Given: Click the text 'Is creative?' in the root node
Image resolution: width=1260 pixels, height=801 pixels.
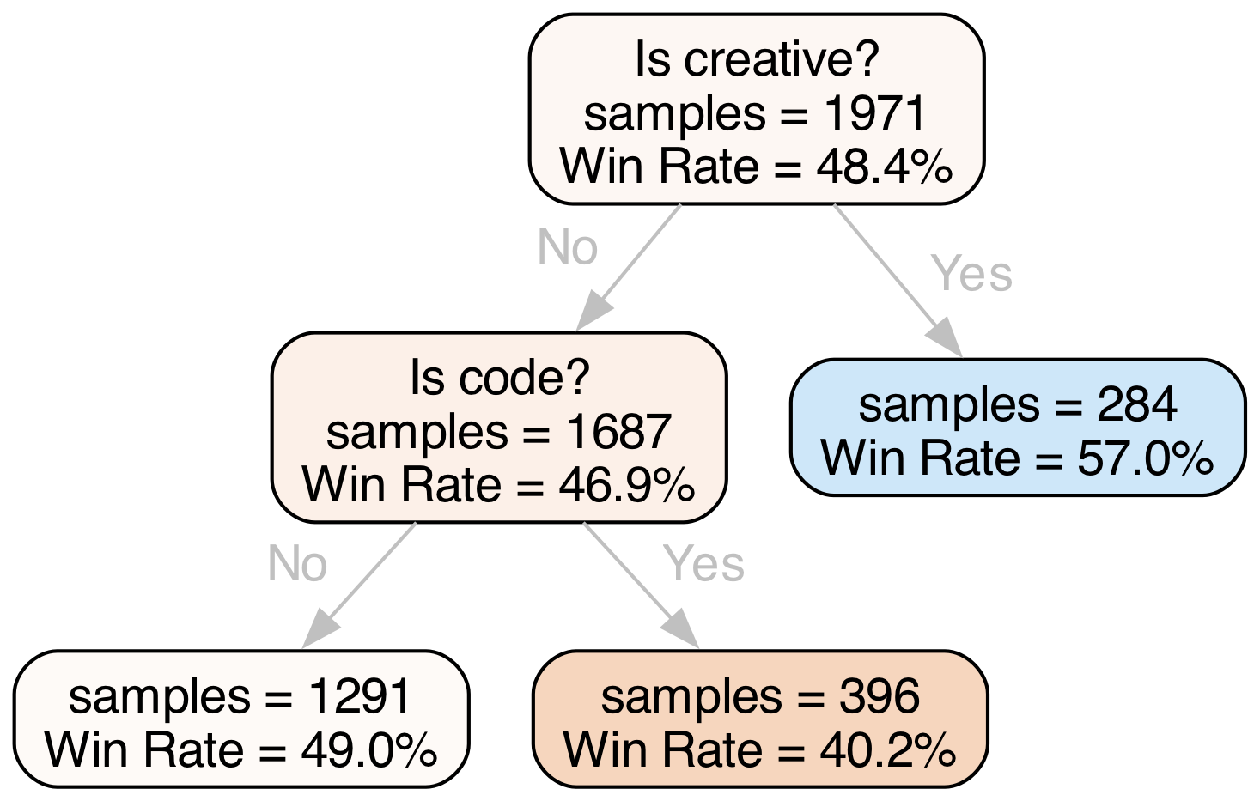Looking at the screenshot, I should pos(756,60).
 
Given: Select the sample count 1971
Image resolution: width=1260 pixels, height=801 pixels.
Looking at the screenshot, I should pos(875,113).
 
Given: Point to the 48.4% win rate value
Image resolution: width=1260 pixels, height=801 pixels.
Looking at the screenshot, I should pos(884,167).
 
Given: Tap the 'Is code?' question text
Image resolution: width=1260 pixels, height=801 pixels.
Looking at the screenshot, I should pos(499,378).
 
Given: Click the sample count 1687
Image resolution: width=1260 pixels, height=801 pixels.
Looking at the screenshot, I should pos(618,431).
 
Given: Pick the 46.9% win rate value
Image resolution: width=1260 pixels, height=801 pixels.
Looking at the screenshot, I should pos(626,485).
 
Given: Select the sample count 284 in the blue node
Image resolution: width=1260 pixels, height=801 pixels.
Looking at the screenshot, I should pos(1135,404).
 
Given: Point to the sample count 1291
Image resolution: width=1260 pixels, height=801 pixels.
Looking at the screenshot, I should pos(360,696).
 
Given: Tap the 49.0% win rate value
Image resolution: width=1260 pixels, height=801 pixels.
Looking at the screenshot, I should pos(368,749).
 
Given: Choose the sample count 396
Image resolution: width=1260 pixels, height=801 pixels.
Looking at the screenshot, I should pos(879,696).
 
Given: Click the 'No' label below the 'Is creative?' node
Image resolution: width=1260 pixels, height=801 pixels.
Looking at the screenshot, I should pos(567,247).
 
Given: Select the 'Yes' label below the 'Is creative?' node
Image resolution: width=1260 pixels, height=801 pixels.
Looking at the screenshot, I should pos(971,274).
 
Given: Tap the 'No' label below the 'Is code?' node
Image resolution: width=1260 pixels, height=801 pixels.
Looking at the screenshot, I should pos(297,564).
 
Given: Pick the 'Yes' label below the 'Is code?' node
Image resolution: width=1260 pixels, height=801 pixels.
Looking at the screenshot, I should pos(703,564).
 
